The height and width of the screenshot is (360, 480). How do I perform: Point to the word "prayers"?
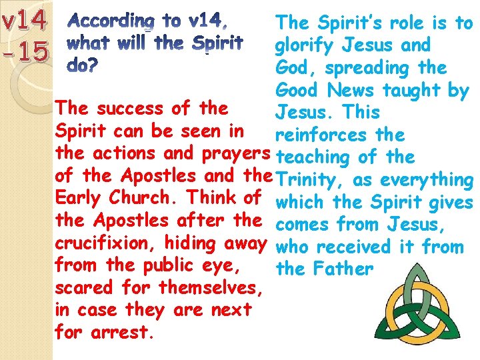coord(235,153)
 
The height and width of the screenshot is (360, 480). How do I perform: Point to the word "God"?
coord(291,68)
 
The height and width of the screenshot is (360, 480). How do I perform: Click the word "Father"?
coord(344,270)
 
